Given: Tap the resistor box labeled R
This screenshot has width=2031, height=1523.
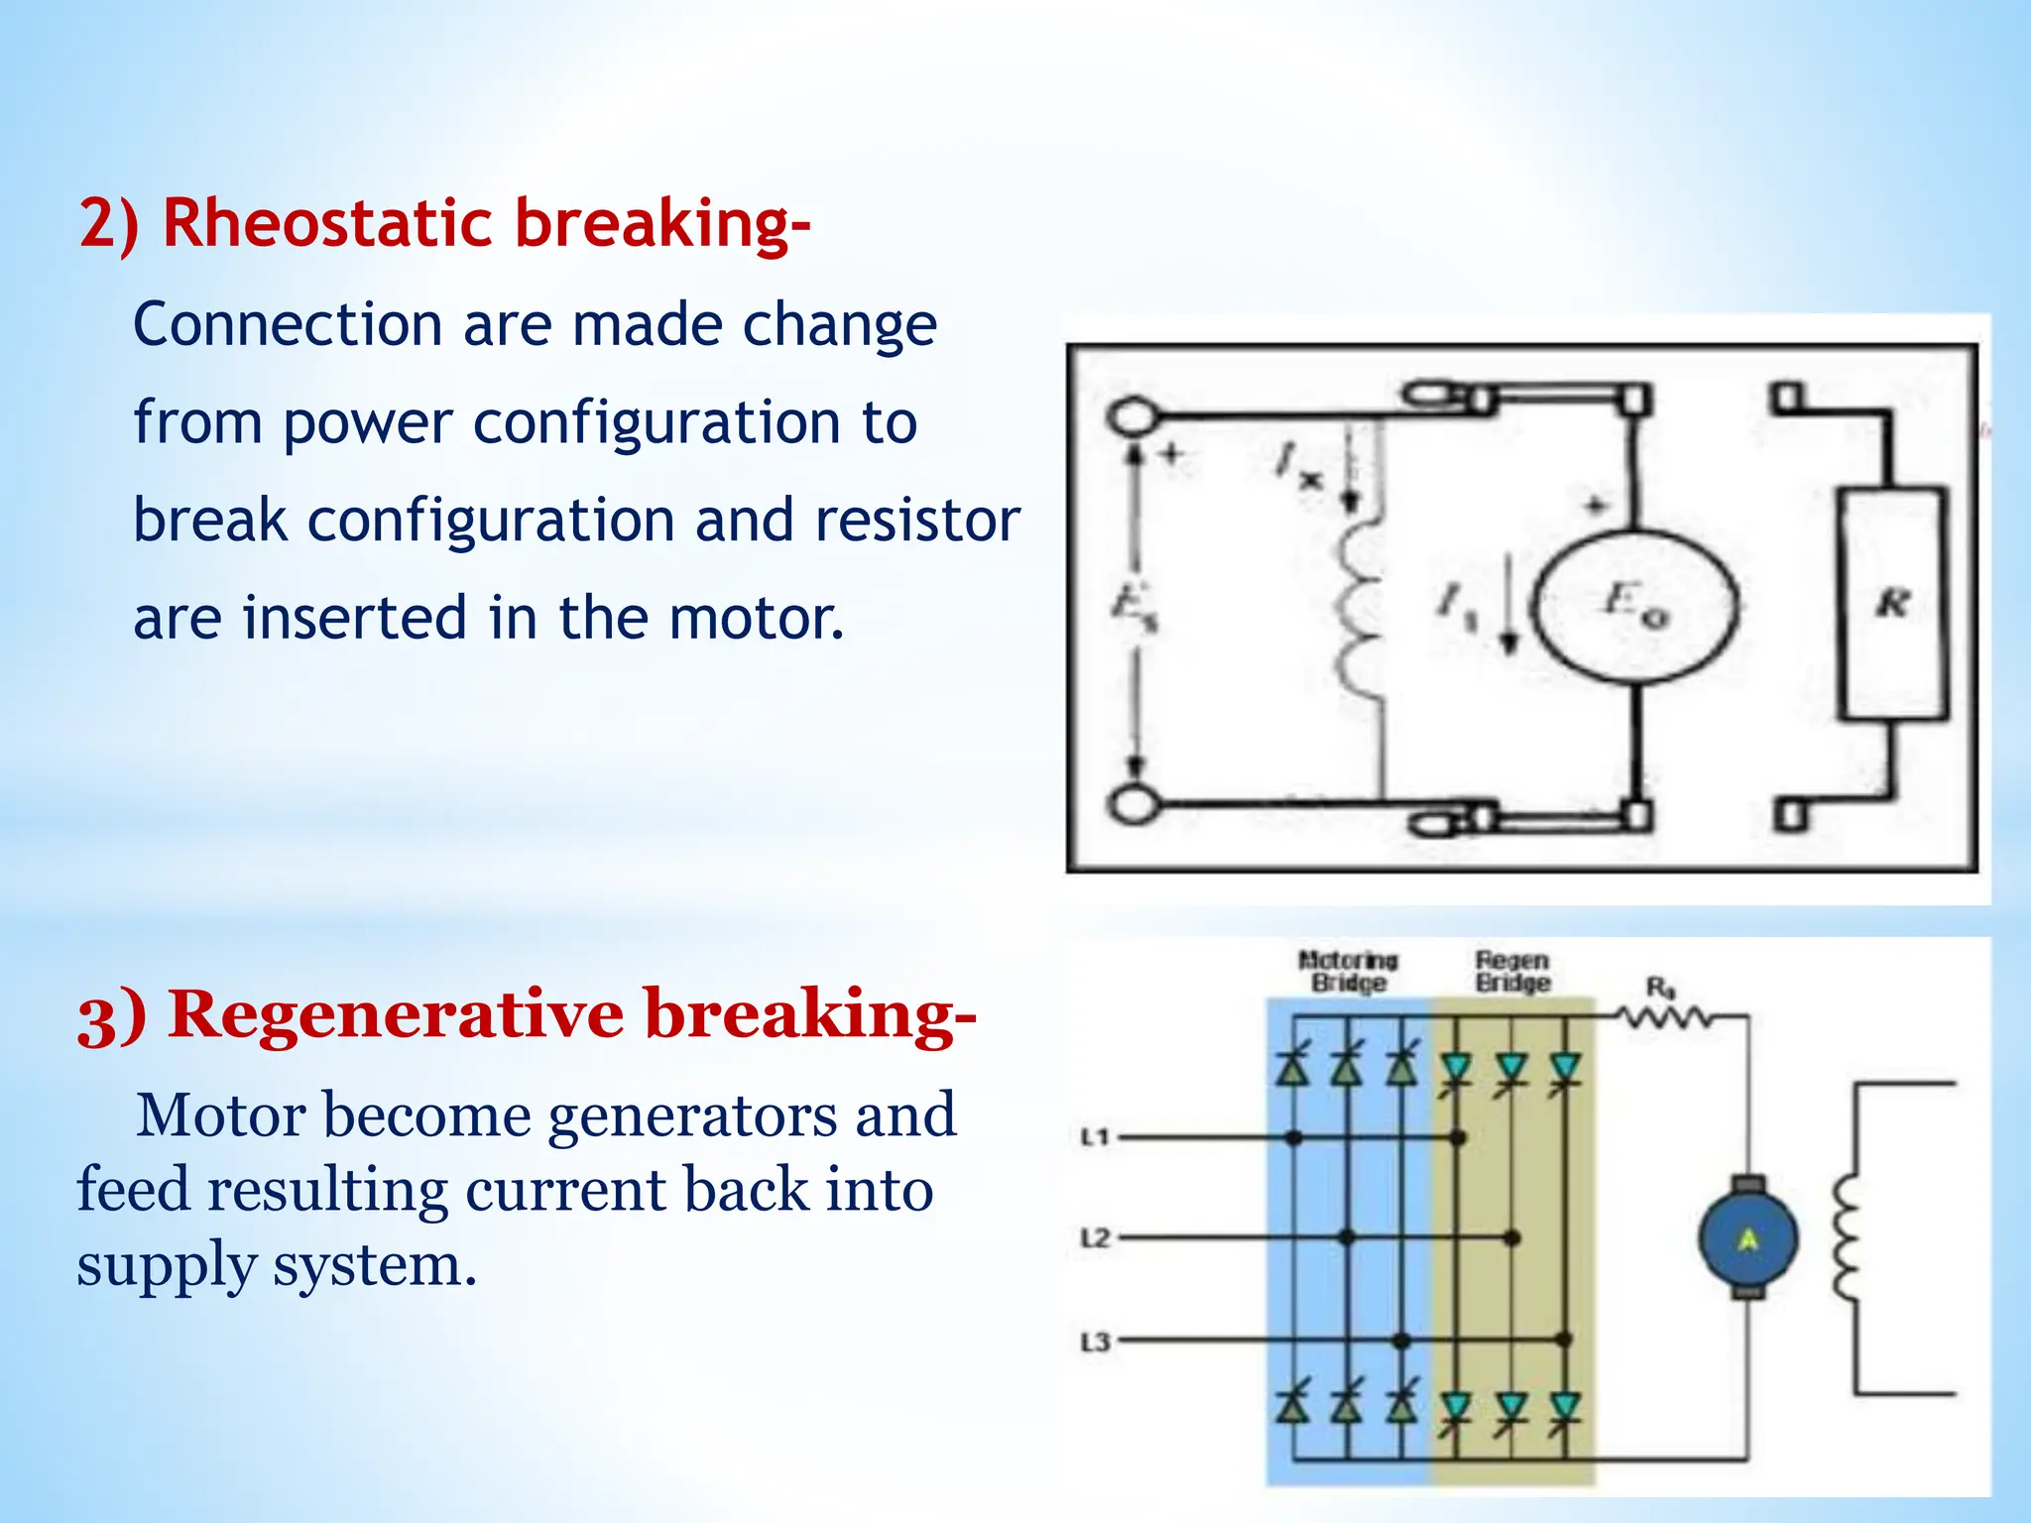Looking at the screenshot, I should (1892, 603).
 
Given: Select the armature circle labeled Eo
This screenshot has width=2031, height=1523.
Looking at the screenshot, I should (1636, 605).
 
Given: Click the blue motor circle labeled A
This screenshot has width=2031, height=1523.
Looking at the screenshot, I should (1747, 1237).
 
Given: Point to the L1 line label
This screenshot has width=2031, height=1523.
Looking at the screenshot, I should (1094, 1137).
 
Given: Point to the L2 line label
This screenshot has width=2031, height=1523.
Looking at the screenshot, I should (1094, 1238).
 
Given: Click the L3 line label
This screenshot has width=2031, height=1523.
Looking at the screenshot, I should (1094, 1342).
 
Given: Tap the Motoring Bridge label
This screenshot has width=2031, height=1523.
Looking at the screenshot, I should (1348, 971).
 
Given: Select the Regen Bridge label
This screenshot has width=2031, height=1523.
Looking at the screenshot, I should (1512, 971).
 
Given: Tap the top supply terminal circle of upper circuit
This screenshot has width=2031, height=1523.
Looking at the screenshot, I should (1132, 415).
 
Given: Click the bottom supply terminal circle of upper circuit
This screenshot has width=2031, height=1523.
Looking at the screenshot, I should (1132, 803).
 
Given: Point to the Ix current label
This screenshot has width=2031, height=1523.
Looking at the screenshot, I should (1297, 465).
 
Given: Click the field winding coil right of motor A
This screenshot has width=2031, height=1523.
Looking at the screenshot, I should (1847, 1237).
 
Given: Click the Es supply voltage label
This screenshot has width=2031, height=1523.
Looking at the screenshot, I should (1131, 605).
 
